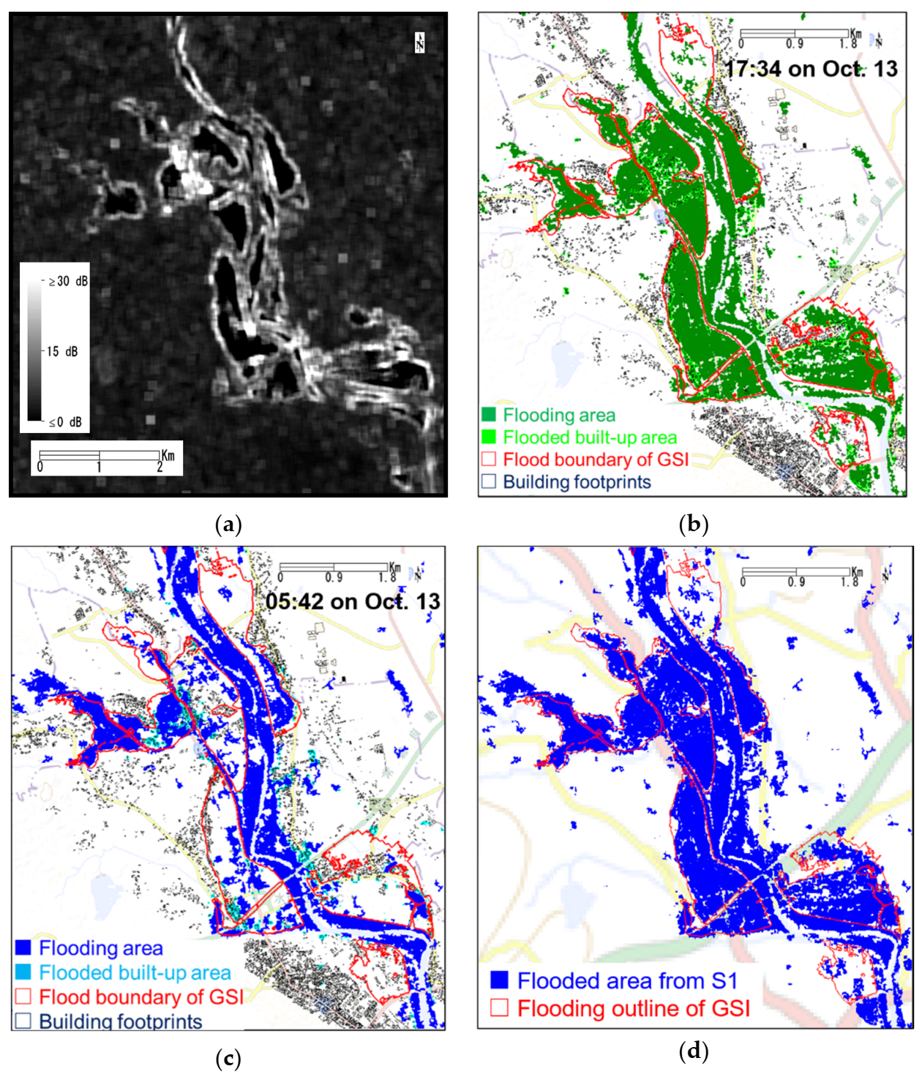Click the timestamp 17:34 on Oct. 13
coord(811,69)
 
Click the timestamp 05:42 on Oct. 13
coord(353,601)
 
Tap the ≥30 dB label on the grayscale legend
coord(68,281)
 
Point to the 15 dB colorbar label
coord(62,352)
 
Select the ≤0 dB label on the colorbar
coord(65,422)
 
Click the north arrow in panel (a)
coord(420,42)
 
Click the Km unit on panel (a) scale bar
coord(168,456)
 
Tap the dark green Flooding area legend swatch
coord(489,415)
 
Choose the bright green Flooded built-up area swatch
coord(489,437)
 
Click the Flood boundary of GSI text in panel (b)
coord(596,459)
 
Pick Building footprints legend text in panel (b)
coord(577,482)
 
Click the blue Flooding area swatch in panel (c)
coord(23,947)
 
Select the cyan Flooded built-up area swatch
coord(23,972)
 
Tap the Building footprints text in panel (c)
coord(120,1021)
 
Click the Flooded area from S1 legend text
coord(627,980)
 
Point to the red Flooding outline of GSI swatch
coord(499,1007)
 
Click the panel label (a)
coord(229,525)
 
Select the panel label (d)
coord(693,1051)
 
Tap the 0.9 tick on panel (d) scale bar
coord(796,582)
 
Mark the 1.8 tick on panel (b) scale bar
coord(848,44)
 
